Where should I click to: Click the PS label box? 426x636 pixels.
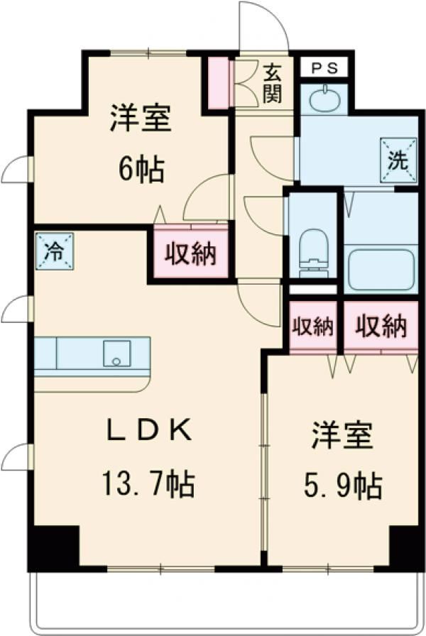(x=322, y=68)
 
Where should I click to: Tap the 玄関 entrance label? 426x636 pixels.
(x=273, y=83)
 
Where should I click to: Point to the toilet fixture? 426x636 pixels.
(x=312, y=252)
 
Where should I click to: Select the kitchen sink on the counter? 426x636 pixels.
(x=115, y=353)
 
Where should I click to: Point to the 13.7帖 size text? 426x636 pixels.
(x=146, y=485)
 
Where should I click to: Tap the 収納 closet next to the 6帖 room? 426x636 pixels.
(x=190, y=253)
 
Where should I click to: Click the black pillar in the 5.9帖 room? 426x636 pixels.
(x=405, y=547)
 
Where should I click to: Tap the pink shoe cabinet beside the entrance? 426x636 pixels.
(x=218, y=84)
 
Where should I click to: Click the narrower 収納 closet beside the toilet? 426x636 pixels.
(x=313, y=327)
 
